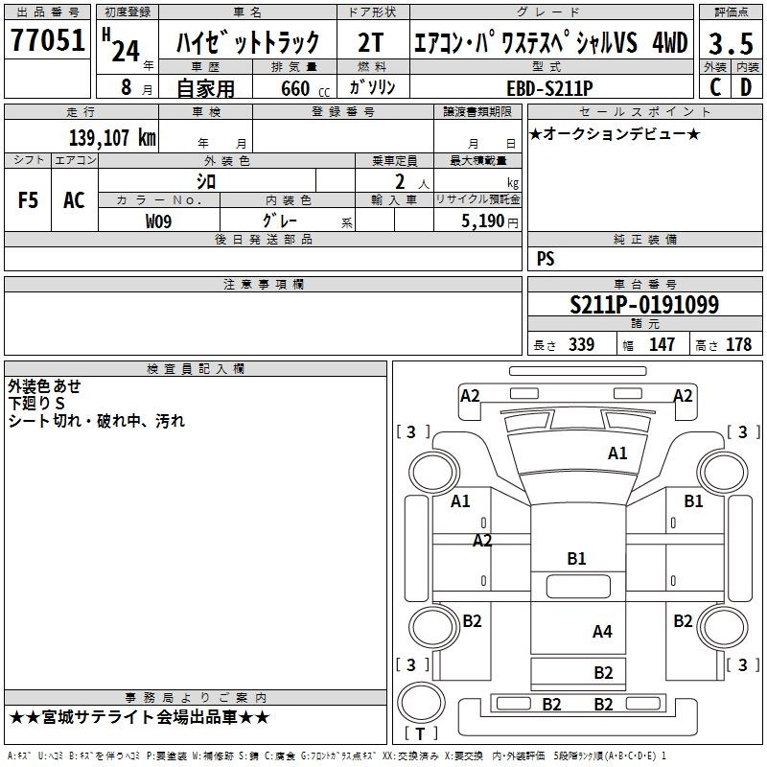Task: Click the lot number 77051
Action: [47, 39]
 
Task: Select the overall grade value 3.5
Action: [731, 43]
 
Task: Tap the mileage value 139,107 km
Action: [112, 137]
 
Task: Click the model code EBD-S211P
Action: [549, 88]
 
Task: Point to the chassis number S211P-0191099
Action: [644, 304]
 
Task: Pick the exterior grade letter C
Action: [715, 87]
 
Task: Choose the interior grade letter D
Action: [746, 87]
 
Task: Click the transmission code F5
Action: [28, 200]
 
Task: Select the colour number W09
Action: [158, 221]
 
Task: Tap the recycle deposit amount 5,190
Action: [483, 221]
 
